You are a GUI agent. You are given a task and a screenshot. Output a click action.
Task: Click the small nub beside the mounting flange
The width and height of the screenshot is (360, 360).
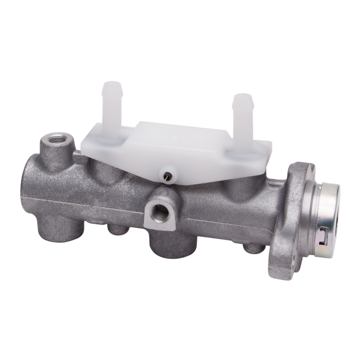click(x=253, y=248)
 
